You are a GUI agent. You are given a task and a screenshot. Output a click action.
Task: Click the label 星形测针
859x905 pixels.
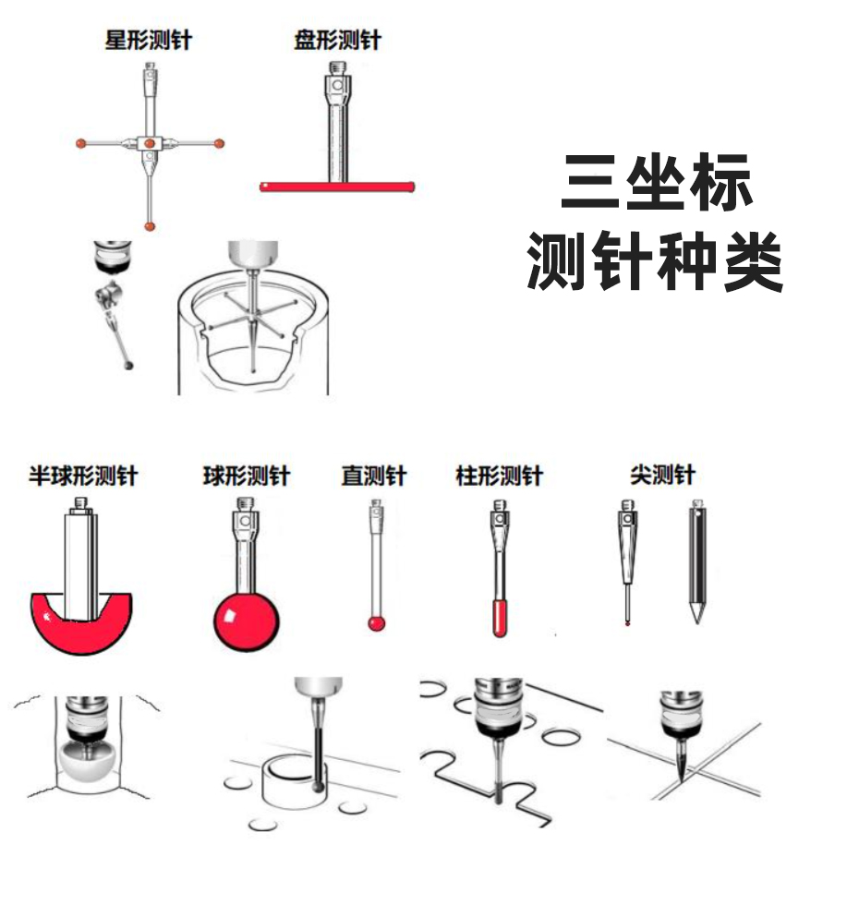(x=148, y=41)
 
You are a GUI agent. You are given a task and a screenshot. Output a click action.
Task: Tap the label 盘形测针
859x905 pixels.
(x=337, y=41)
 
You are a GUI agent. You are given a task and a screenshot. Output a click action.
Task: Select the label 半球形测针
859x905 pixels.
(x=83, y=476)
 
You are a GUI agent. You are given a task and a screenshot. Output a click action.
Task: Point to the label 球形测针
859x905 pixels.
(x=247, y=476)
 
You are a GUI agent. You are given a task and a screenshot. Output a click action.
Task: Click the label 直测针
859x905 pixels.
(x=374, y=476)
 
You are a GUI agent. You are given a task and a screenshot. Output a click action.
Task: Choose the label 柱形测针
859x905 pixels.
(x=500, y=476)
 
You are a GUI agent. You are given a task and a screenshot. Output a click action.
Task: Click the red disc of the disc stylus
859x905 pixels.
(x=337, y=187)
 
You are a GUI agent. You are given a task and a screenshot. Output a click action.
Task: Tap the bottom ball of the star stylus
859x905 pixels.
(x=150, y=225)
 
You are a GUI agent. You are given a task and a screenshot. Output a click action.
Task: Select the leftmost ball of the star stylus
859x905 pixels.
(x=81, y=143)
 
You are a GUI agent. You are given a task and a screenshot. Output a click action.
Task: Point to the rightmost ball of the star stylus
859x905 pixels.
(x=219, y=143)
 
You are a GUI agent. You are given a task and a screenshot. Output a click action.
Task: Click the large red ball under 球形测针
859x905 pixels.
(x=247, y=622)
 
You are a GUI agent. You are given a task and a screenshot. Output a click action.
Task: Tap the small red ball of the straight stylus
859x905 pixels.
(x=377, y=623)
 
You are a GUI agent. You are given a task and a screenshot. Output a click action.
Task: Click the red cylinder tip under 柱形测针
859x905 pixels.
(x=500, y=618)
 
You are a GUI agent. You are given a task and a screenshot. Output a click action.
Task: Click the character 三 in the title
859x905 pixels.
(x=590, y=183)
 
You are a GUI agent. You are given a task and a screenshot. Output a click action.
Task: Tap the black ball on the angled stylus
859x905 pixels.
(x=128, y=365)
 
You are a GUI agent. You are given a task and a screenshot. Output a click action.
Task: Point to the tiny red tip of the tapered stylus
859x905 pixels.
(x=627, y=623)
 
